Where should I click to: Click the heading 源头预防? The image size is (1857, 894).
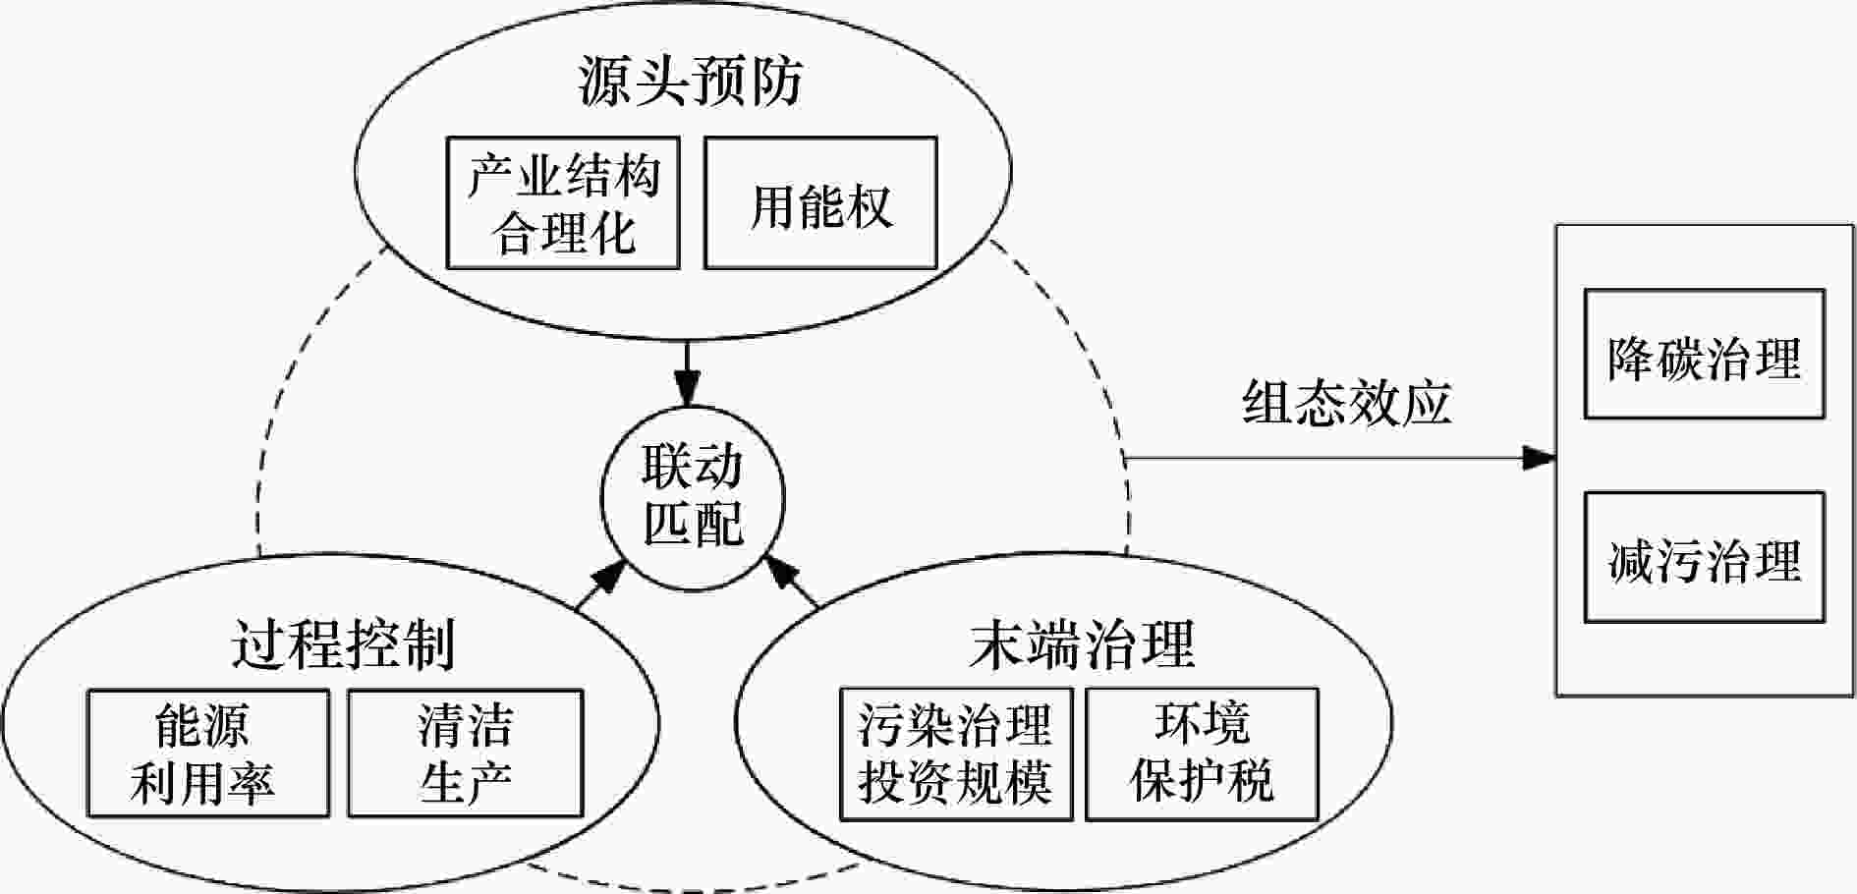click(x=690, y=81)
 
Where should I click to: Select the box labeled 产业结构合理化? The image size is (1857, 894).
click(x=563, y=203)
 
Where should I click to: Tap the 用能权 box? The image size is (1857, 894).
click(x=820, y=203)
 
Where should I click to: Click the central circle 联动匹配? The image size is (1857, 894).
click(x=693, y=496)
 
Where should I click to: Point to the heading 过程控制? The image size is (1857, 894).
click(x=344, y=645)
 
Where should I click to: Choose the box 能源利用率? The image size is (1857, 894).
click(x=207, y=754)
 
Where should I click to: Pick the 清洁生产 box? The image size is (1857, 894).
click(x=465, y=754)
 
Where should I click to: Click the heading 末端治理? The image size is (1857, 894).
click(x=1081, y=645)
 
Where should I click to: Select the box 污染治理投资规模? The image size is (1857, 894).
click(x=955, y=754)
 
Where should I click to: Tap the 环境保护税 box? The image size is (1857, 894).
click(x=1201, y=754)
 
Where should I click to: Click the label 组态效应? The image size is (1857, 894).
click(x=1346, y=403)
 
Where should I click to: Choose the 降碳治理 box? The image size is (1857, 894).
click(x=1704, y=355)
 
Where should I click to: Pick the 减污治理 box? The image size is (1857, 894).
click(x=1704, y=558)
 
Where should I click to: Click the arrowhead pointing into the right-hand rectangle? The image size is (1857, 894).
click(x=1540, y=458)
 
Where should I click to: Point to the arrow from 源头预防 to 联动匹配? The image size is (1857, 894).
click(x=687, y=373)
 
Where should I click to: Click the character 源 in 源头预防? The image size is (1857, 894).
click(x=604, y=81)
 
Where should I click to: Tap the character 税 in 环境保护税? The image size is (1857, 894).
click(x=1250, y=782)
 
